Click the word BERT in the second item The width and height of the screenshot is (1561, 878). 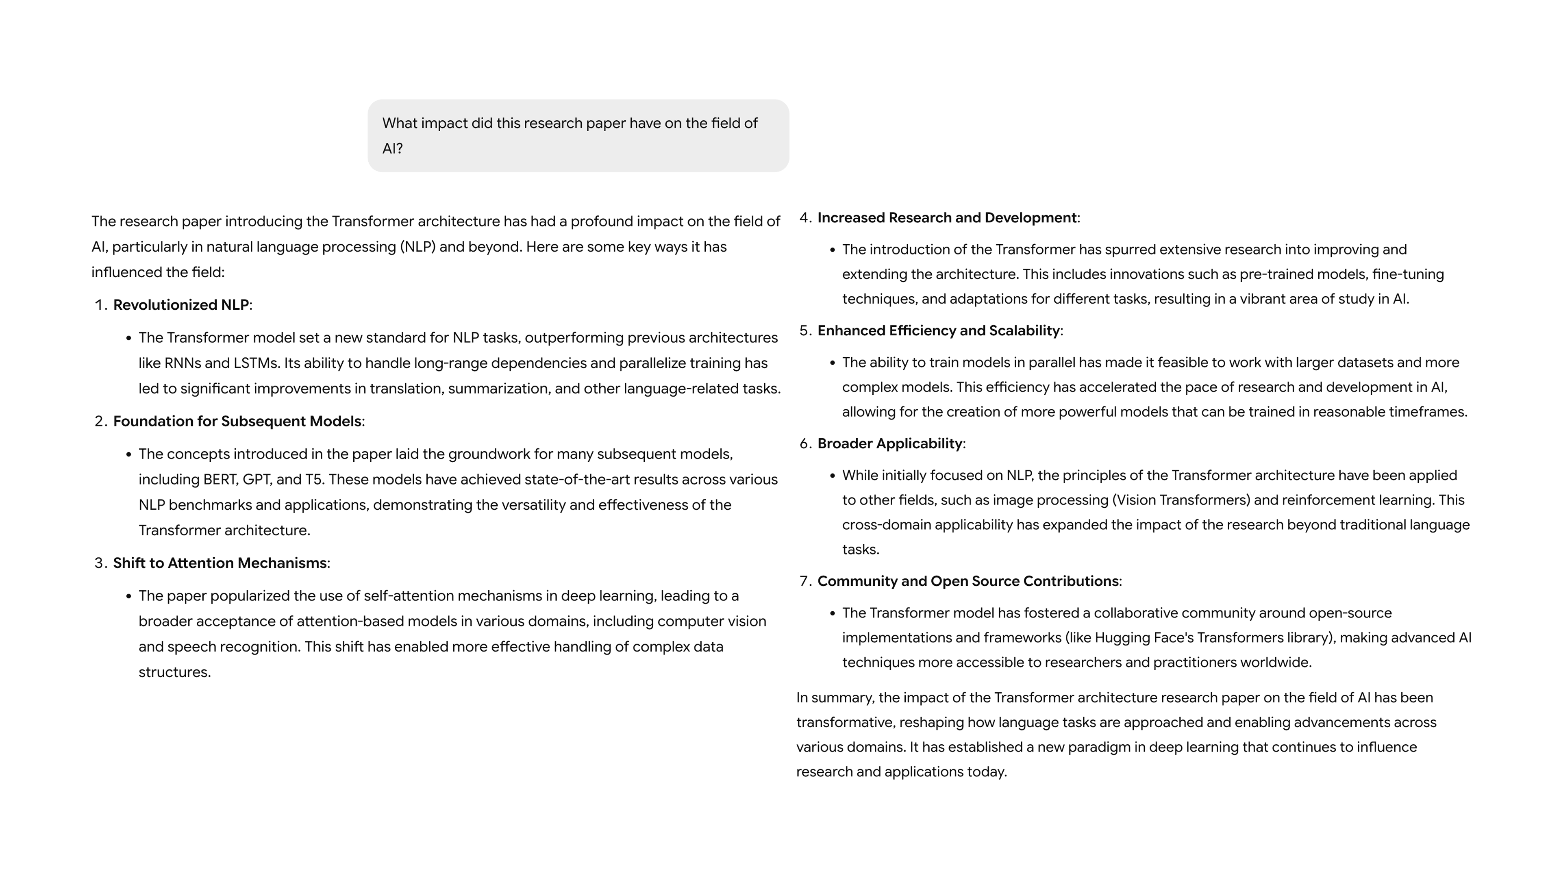(x=220, y=480)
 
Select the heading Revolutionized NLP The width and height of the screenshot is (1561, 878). (x=180, y=305)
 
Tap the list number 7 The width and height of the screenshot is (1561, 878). (x=805, y=581)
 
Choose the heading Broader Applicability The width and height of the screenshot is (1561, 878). (x=889, y=443)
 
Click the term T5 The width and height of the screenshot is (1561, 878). (x=313, y=480)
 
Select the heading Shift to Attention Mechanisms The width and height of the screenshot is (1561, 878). (x=220, y=563)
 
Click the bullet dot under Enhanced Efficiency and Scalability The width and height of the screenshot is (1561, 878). (x=833, y=363)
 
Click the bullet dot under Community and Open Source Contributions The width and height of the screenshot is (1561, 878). (x=833, y=613)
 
